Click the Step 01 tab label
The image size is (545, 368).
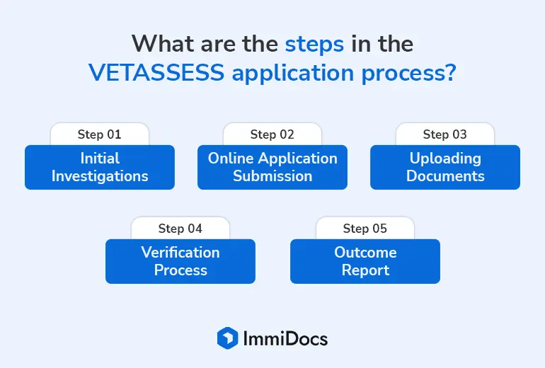[x=99, y=134]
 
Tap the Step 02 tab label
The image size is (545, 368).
[x=272, y=134]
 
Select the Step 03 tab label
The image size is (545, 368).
[x=445, y=134]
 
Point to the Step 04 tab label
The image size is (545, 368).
[x=180, y=229]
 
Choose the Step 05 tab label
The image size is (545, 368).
[x=365, y=229]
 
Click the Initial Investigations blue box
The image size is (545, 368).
[x=100, y=167]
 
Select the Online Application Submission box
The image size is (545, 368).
[x=272, y=167]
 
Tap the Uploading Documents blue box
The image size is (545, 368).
[x=445, y=167]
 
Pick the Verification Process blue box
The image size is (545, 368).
[x=180, y=261]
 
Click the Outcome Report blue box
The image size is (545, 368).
[x=365, y=261]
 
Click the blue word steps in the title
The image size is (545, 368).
[x=314, y=45]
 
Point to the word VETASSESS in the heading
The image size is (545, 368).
[x=156, y=72]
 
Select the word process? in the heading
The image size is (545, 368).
[x=409, y=74]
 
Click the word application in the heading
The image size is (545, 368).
[x=293, y=74]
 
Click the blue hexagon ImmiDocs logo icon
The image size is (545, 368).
[x=228, y=338]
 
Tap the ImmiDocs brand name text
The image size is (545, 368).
[x=285, y=338]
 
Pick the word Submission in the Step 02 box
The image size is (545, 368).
[x=272, y=176]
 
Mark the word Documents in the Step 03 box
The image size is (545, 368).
[x=445, y=176]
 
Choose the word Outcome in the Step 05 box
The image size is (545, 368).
[x=365, y=252]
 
